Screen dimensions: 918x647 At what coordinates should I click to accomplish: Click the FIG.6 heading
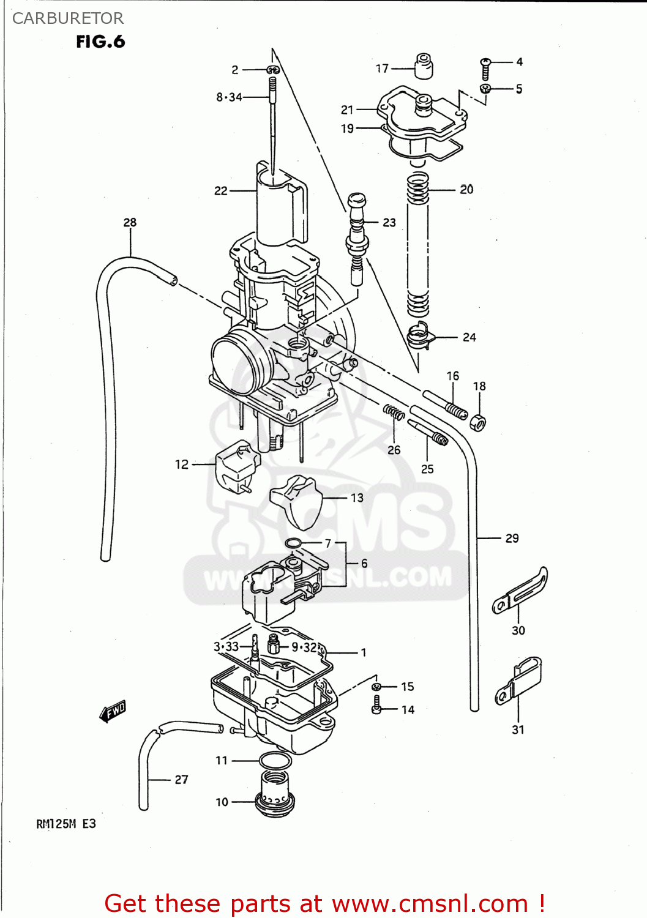[x=100, y=42]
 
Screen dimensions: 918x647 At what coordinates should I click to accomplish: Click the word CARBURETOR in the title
[x=68, y=18]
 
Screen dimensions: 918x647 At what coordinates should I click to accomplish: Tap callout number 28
[x=130, y=222]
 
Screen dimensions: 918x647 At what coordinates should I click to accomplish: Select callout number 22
[x=220, y=191]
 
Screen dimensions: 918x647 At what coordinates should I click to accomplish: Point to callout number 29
[x=512, y=539]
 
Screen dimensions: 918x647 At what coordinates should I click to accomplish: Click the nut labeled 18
[x=478, y=421]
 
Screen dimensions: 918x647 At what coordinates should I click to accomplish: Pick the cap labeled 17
[x=424, y=65]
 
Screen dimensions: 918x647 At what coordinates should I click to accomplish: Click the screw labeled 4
[x=485, y=68]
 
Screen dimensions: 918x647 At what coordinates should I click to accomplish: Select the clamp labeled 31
[x=518, y=681]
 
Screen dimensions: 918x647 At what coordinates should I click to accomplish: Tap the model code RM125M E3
[x=66, y=824]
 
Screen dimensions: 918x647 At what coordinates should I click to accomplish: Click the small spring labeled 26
[x=394, y=413]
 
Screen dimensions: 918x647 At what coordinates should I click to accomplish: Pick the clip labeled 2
[x=273, y=70]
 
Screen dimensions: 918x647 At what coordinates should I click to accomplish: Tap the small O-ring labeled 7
[x=293, y=543]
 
